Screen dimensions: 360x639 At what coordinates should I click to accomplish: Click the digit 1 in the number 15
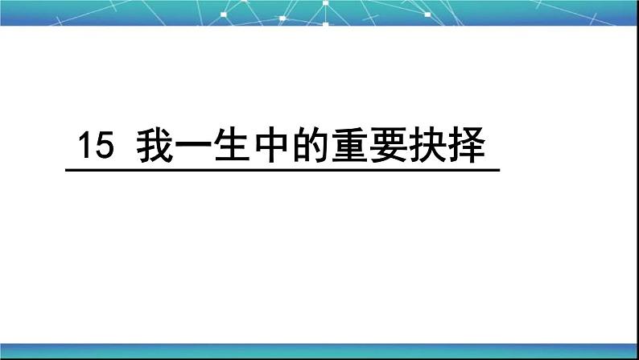pyautogui.click(x=82, y=147)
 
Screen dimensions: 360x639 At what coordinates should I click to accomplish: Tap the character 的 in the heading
pyautogui.click(x=312, y=147)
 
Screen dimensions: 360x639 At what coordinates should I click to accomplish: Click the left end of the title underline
pyautogui.click(x=66, y=169)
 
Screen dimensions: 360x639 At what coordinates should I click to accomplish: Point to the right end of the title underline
pyautogui.click(x=498, y=169)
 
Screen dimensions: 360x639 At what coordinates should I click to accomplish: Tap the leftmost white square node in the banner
pyautogui.click(x=224, y=14)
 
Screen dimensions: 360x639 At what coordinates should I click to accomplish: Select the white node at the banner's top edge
pyautogui.click(x=325, y=2)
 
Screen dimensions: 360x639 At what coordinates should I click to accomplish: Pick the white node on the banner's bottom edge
pyautogui.click(x=325, y=24)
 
